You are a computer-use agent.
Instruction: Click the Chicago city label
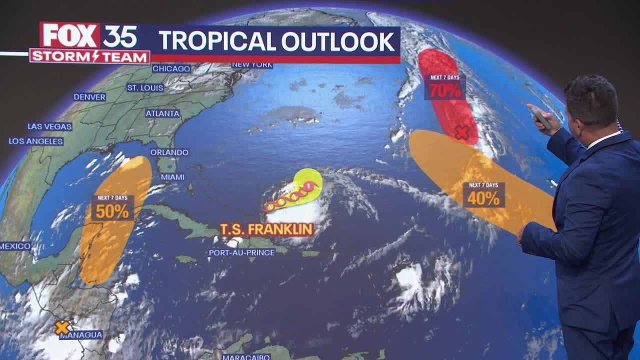[171, 68]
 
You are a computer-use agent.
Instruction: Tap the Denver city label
[90, 97]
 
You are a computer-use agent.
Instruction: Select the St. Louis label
[145, 88]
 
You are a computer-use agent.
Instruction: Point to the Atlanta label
[162, 113]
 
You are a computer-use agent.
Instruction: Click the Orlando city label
[169, 152]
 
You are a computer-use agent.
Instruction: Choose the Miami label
[172, 177]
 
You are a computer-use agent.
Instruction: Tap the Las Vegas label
[49, 126]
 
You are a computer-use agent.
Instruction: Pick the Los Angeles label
[36, 141]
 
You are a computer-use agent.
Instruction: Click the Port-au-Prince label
[242, 252]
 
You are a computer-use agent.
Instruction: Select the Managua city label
[81, 335]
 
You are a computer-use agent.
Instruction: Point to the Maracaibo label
[246, 357]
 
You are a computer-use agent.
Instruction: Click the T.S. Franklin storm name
[266, 229]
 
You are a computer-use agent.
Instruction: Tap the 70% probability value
[445, 91]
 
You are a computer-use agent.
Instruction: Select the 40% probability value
[483, 198]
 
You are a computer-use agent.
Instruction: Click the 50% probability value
[112, 211]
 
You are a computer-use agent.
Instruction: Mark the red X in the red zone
[462, 132]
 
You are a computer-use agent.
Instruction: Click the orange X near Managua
[62, 327]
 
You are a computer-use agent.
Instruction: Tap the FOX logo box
[70, 35]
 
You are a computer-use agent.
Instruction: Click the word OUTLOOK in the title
[338, 41]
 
